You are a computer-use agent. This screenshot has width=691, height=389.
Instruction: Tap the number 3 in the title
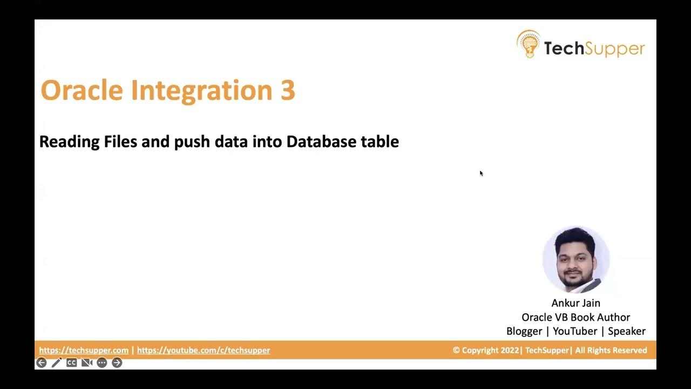tap(288, 90)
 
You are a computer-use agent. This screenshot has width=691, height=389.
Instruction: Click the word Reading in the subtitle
tap(69, 142)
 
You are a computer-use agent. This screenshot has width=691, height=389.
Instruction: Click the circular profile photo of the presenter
tap(576, 260)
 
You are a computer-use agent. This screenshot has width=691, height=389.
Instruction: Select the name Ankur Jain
tap(575, 303)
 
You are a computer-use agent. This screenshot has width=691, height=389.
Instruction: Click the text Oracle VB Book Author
tap(575, 317)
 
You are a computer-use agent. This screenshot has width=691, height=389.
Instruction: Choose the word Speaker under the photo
tap(626, 331)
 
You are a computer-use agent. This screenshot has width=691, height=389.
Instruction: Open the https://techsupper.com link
tap(84, 350)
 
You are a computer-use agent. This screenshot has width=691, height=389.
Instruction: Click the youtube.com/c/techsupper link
tap(204, 350)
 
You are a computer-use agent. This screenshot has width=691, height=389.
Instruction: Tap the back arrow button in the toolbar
tap(42, 363)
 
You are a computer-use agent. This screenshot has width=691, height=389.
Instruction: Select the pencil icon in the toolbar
tap(57, 363)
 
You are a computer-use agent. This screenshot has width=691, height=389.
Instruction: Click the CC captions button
tap(71, 363)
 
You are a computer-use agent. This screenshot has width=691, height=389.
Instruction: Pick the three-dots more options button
tap(101, 363)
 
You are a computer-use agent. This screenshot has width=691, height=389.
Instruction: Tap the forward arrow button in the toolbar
tap(117, 363)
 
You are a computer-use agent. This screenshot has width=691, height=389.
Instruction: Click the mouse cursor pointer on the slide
tap(481, 173)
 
